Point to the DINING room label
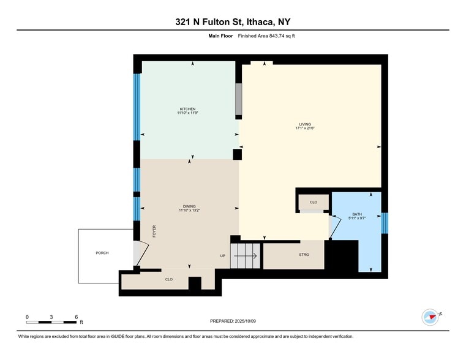[x=189, y=207]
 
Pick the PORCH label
[x=102, y=253]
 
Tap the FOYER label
[x=154, y=231]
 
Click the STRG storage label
[x=304, y=255]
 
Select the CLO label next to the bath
[x=313, y=202]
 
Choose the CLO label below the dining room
[x=168, y=280]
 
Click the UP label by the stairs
[x=223, y=255]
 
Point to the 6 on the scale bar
[x=76, y=317]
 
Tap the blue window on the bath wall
[x=384, y=223]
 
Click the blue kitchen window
[x=137, y=107]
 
